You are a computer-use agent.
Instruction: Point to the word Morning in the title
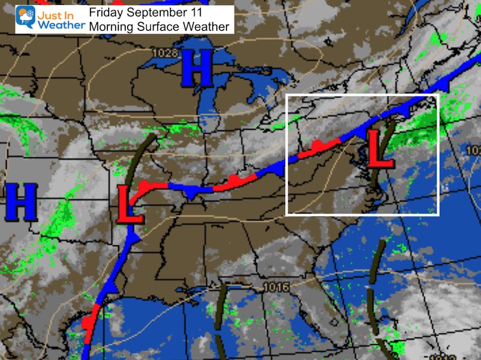pyautogui.click(x=113, y=25)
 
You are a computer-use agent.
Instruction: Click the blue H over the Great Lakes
pyautogui.click(x=196, y=69)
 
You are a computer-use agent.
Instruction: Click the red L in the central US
pyautogui.click(x=131, y=204)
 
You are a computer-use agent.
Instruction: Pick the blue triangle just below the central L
pyautogui.click(x=135, y=236)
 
